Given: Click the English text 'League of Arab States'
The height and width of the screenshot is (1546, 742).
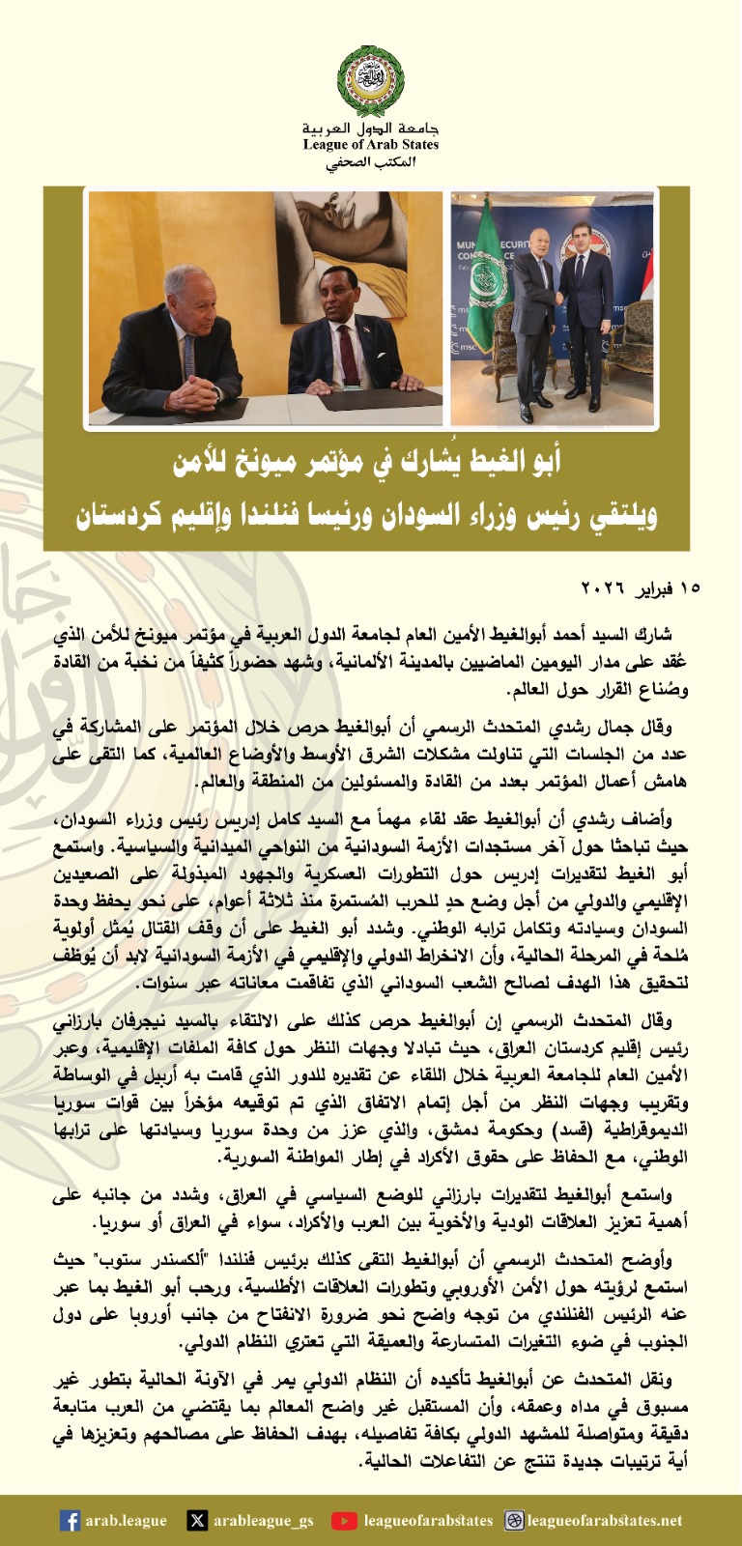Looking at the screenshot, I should click(371, 145).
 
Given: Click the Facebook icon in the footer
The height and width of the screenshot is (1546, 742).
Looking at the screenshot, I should click(70, 1520).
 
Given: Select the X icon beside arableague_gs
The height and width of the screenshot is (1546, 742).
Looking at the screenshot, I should click(197, 1520).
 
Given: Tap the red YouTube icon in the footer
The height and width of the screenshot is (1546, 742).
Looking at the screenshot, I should click(344, 1520).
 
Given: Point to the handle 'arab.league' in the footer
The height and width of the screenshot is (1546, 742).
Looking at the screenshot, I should click(126, 1520).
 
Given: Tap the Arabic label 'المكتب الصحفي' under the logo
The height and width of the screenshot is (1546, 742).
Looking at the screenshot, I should click(371, 163).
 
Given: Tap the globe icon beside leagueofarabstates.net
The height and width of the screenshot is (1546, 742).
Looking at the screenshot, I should click(514, 1520).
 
